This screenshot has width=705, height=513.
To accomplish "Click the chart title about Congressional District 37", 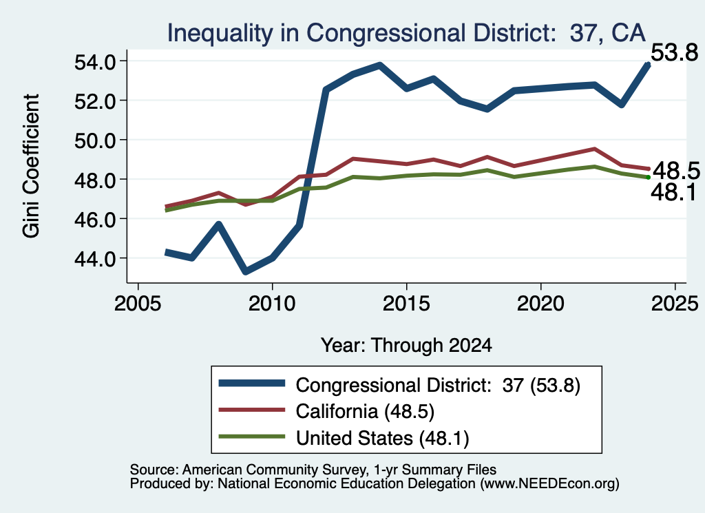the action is tap(406, 33).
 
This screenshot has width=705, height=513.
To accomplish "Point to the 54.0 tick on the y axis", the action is tap(94, 61).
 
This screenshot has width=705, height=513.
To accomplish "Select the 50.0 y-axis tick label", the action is tap(94, 140).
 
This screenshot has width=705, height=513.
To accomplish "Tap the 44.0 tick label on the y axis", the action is tap(94, 259).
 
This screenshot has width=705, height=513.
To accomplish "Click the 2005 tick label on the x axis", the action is tap(138, 304).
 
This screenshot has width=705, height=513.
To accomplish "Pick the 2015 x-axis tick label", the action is tap(406, 304).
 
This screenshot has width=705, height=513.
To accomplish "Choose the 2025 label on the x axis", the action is tap(675, 304).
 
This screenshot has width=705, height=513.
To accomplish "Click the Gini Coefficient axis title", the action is tap(31, 166).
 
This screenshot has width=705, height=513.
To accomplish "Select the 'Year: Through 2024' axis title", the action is tap(406, 345).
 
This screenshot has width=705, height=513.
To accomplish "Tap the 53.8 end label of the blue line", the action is tap(675, 52).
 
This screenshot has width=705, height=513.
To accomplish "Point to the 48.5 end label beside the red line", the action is tap(676, 171).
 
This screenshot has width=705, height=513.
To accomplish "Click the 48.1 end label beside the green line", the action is tap(673, 192).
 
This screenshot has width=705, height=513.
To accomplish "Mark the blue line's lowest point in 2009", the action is tap(246, 271).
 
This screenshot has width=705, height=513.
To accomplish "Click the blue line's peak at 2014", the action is tap(380, 65).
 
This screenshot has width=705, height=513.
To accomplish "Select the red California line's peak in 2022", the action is tap(594, 149).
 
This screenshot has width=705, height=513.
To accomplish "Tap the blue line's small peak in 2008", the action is tap(219, 224).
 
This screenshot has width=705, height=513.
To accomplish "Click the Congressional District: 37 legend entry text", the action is tap(438, 386).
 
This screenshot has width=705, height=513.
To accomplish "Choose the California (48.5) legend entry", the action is tap(365, 411).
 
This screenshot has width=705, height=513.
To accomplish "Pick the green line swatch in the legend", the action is tap(252, 437).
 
